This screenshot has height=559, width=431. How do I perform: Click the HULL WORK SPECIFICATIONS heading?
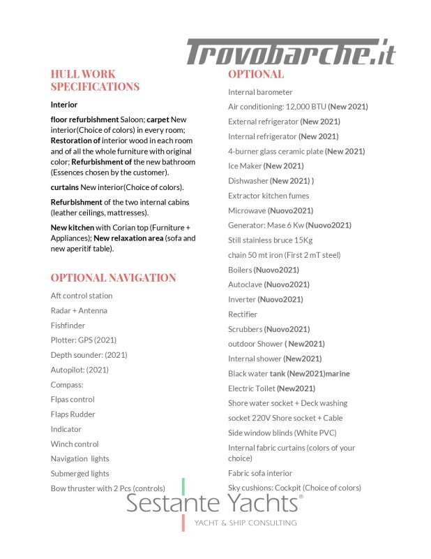[95, 80]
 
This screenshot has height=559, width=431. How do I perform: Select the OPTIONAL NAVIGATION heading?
[113, 277]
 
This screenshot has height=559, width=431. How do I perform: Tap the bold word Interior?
[64, 105]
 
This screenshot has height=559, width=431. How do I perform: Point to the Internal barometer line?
[260, 92]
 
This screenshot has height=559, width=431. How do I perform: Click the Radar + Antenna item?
[79, 310]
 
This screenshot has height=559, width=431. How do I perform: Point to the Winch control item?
[75, 444]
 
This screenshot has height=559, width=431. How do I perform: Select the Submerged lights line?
[80, 474]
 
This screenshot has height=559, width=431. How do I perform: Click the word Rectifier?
[243, 314]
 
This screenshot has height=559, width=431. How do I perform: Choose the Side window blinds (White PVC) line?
[282, 433]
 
